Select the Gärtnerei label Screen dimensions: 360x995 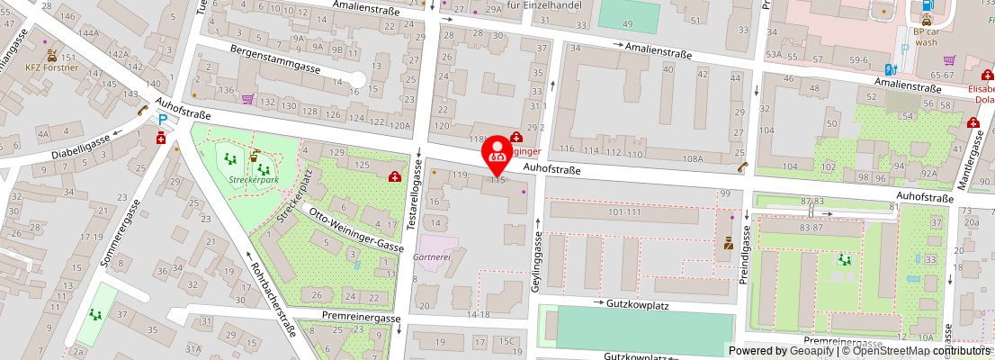431,256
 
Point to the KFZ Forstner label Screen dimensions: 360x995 51,67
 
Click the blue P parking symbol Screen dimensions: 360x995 163,119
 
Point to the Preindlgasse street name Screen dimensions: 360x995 744,253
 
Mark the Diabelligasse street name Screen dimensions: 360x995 80,145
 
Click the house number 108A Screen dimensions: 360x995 692,158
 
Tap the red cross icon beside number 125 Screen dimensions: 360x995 394,176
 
